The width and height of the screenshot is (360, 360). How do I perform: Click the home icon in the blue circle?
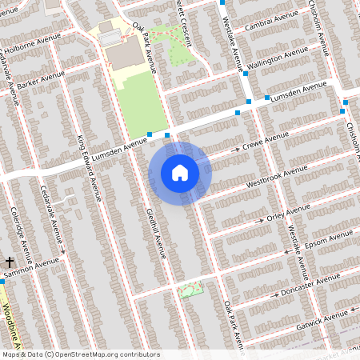coord(180,173)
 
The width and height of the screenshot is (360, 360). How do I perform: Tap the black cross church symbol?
coord(10,262)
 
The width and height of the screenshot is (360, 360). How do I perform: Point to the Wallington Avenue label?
coord(278,59)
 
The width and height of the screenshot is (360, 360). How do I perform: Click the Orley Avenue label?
coord(287,213)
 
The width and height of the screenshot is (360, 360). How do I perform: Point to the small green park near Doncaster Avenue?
coord(190,290)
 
